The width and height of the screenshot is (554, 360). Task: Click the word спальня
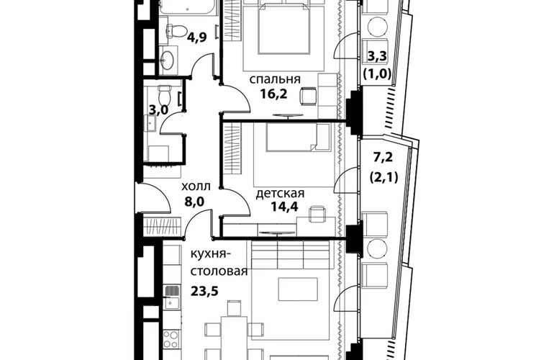275,79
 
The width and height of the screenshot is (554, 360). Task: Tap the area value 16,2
274,94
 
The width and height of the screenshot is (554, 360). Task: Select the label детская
280,194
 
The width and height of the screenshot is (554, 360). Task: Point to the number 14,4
284,206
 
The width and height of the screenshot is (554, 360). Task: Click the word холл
196,186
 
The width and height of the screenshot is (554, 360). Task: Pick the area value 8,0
194,201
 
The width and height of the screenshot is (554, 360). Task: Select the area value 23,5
205,292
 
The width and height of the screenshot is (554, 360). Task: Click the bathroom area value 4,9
197,37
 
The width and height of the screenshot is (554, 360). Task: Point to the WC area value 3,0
158,110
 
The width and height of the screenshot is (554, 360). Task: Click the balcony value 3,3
377,56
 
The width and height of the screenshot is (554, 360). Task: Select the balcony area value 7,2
383,158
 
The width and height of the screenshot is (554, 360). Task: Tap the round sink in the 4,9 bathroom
167,58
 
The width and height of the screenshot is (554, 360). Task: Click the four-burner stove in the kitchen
172,339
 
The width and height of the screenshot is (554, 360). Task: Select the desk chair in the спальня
309,96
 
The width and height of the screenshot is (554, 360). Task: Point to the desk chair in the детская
317,214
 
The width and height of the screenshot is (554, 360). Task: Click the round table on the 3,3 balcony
378,27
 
